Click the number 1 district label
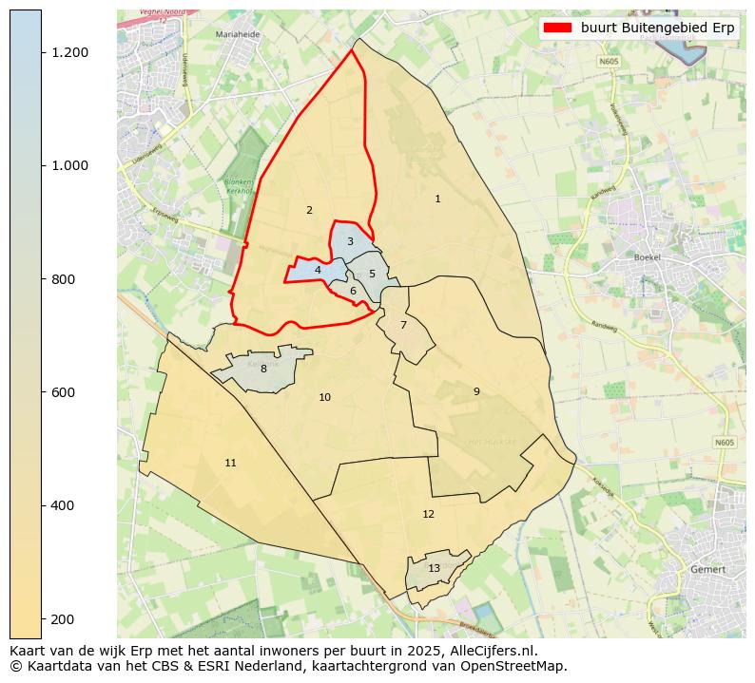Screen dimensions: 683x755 pyautogui.click(x=437, y=199)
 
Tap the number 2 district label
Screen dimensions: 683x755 pyautogui.click(x=309, y=210)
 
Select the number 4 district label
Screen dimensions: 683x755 pyautogui.click(x=318, y=271)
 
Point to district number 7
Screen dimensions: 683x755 pyautogui.click(x=403, y=325)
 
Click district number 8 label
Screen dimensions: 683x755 pyautogui.click(x=263, y=369)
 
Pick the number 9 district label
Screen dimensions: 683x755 pyautogui.click(x=476, y=391)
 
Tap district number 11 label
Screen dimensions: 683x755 pyautogui.click(x=230, y=463)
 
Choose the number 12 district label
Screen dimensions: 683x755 pyautogui.click(x=428, y=514)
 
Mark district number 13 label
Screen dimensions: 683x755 pyautogui.click(x=434, y=568)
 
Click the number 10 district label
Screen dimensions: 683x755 pyautogui.click(x=324, y=397)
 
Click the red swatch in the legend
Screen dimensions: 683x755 pyautogui.click(x=557, y=28)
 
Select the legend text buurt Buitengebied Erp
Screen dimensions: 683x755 pyautogui.click(x=657, y=28)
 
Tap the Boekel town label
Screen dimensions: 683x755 pyautogui.click(x=647, y=257)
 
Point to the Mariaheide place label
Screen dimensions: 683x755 pyautogui.click(x=238, y=34)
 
